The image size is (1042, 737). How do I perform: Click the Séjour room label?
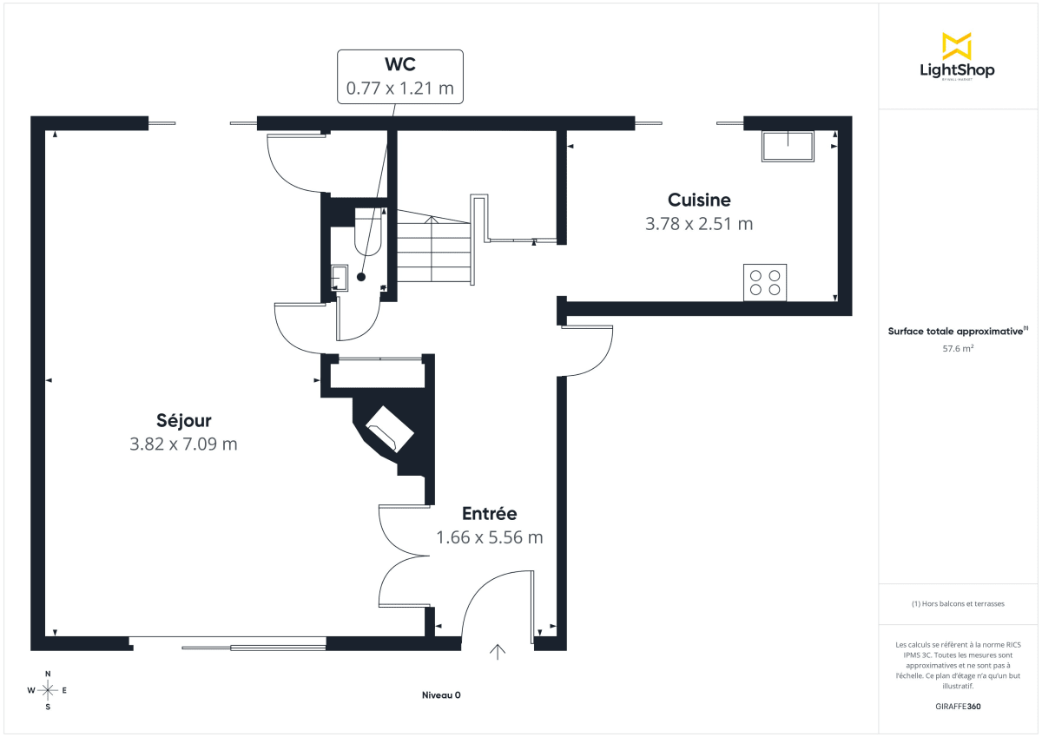tap(183, 421)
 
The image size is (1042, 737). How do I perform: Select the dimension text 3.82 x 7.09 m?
tap(183, 444)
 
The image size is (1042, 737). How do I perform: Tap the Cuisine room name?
tap(699, 200)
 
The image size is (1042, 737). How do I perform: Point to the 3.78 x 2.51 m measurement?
tap(699, 224)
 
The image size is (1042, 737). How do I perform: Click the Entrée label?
tap(489, 513)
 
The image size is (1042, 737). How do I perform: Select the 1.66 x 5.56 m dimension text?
tap(489, 537)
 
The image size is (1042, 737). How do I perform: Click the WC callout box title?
tap(399, 65)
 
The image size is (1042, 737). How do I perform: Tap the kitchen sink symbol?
tap(788, 146)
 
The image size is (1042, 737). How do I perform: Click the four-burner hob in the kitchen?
tap(765, 282)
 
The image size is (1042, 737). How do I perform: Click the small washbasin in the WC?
tap(340, 278)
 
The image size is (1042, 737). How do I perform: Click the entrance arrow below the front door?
tap(498, 653)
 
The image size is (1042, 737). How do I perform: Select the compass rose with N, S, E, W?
tap(48, 690)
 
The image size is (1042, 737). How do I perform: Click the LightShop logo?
tap(957, 56)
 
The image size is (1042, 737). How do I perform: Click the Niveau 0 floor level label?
tap(441, 695)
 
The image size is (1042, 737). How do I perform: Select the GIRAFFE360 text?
tap(958, 707)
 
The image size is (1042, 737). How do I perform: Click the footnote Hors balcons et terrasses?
tap(958, 603)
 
